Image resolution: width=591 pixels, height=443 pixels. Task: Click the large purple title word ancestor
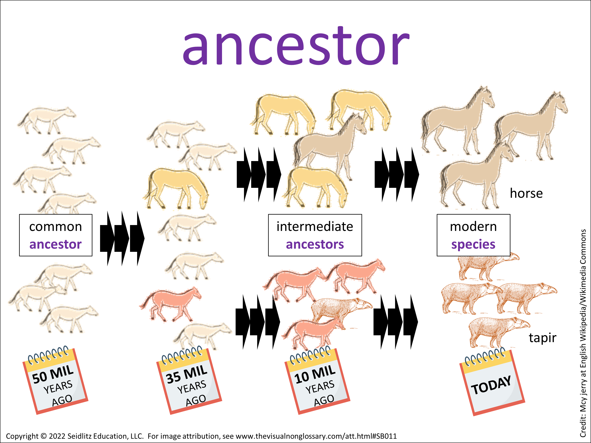click(296, 45)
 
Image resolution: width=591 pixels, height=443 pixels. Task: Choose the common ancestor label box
click(56, 235)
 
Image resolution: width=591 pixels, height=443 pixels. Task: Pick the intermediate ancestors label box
click(315, 235)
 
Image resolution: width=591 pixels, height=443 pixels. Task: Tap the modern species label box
click(473, 235)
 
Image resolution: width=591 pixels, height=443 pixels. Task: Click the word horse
click(526, 193)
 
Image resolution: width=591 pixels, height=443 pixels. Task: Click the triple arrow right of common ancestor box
click(122, 238)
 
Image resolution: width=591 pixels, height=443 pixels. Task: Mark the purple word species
click(473, 244)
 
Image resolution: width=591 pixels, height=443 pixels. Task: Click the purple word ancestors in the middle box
click(315, 244)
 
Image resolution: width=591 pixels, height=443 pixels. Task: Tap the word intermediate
click(315, 226)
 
